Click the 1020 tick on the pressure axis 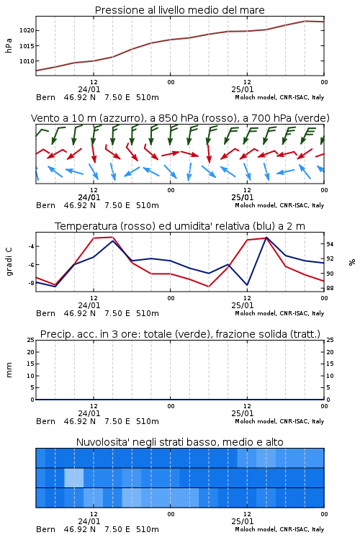27,31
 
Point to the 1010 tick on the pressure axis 27,61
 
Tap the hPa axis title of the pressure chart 9,45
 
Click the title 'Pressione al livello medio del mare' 180,10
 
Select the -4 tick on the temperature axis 31,246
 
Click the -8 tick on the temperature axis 31,283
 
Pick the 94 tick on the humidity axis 330,244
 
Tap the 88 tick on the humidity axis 330,288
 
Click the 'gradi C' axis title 9,262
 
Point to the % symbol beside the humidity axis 352,262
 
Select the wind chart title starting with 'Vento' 180,118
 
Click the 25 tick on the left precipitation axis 31,340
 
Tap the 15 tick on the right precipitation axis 330,364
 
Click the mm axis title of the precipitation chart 9,370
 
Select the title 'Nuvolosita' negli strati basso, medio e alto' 180,442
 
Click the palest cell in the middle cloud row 74,477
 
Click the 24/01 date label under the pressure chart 89,89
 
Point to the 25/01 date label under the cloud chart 243,521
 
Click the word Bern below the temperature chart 45,313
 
